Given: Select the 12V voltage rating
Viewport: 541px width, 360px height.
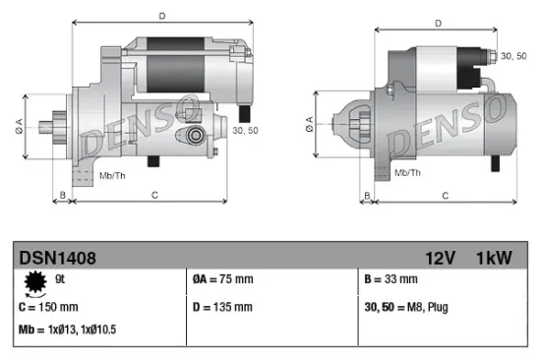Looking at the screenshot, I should pyautogui.click(x=441, y=258).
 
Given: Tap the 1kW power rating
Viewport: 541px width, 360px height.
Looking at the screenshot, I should pyautogui.click(x=495, y=258).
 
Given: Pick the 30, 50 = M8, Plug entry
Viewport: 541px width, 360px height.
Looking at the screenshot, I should pyautogui.click(x=405, y=308).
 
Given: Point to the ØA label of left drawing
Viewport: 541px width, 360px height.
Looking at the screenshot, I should pyautogui.click(x=18, y=125).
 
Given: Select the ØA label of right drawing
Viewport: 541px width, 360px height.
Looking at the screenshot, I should pyautogui.click(x=311, y=122).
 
